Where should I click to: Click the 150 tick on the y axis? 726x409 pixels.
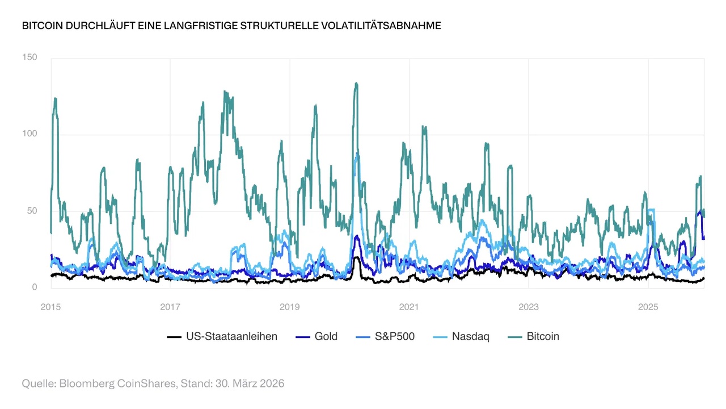point(29,57)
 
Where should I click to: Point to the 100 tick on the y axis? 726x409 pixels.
point(29,134)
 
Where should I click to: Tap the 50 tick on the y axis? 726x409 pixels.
point(32,211)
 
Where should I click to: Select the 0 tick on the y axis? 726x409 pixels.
point(34,287)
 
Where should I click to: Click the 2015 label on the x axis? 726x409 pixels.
point(50,307)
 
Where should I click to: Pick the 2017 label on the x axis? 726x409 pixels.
point(170,307)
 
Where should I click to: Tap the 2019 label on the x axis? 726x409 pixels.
point(290,307)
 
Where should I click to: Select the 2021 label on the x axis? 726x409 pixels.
point(409,307)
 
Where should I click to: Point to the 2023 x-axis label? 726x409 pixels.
point(529,307)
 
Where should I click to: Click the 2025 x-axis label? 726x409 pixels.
point(648,307)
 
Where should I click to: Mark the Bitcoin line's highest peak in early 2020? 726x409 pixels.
point(356,84)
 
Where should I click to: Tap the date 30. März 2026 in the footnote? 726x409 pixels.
point(250,383)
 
